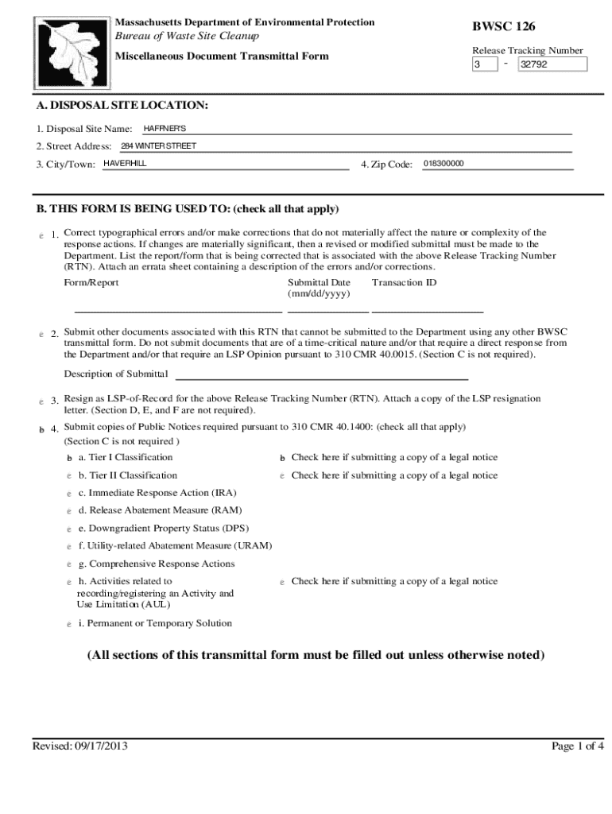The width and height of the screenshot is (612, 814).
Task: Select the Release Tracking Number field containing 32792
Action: tap(553, 65)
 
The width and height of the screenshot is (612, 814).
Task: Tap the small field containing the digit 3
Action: tap(483, 65)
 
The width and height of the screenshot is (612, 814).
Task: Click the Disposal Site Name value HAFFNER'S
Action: tap(165, 128)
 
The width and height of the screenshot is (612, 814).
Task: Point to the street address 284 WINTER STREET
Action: tap(158, 146)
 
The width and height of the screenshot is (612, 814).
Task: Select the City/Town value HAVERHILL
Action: tap(126, 164)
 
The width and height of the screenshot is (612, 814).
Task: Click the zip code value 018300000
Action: tap(444, 164)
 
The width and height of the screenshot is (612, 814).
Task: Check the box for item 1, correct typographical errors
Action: tap(41, 235)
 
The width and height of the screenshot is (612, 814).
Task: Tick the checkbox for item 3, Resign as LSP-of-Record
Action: tap(41, 401)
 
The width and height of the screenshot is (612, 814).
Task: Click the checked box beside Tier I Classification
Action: tap(69, 458)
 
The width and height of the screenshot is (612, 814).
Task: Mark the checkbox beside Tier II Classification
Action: tap(69, 475)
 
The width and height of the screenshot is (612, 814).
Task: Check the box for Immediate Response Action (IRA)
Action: tap(69, 493)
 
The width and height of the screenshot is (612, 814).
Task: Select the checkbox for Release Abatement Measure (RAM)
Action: tap(69, 510)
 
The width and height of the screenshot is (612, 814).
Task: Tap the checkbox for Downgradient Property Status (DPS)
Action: tap(69, 529)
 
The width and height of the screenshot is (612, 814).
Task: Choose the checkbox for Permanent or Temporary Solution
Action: tap(69, 624)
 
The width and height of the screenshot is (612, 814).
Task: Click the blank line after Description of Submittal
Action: tap(321, 374)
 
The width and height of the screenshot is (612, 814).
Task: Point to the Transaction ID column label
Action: tap(404, 283)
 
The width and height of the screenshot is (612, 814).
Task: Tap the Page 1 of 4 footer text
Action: tap(578, 746)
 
